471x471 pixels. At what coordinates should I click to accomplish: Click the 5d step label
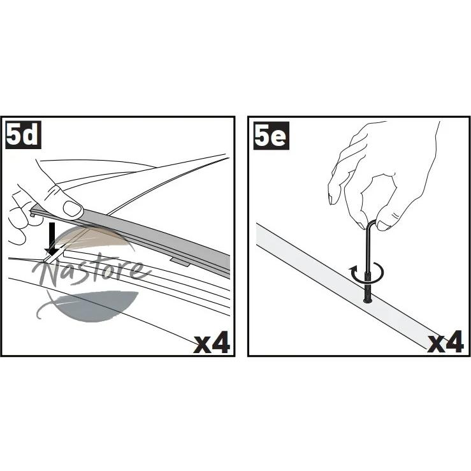pyautogui.click(x=24, y=136)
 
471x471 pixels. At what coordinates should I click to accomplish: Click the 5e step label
pyautogui.click(x=272, y=136)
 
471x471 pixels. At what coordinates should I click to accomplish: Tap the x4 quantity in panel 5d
pyautogui.click(x=212, y=342)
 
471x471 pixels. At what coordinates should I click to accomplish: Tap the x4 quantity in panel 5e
pyautogui.click(x=445, y=342)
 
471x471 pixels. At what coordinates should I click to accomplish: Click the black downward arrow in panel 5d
pyautogui.click(x=52, y=240)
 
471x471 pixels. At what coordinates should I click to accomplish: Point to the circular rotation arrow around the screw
pyautogui.click(x=366, y=273)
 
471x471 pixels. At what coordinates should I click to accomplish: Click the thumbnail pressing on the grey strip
pyautogui.click(x=72, y=208)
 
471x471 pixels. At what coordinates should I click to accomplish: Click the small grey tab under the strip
pyautogui.click(x=180, y=262)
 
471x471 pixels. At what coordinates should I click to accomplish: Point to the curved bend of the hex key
pyautogui.click(x=372, y=224)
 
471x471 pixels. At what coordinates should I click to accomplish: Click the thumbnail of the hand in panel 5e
pyautogui.click(x=384, y=226)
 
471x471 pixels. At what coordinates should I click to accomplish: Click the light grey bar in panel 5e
pyautogui.click(x=345, y=286)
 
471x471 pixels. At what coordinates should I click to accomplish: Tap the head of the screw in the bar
pyautogui.click(x=368, y=300)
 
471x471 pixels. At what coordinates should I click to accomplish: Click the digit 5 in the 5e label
pyautogui.click(x=263, y=136)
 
